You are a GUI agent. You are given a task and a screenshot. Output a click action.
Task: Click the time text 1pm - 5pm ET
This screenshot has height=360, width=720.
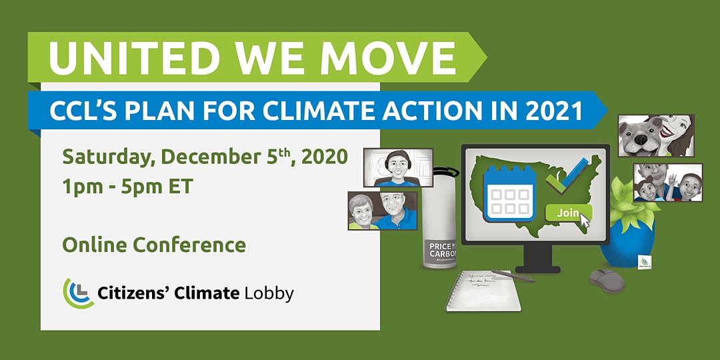[x=127, y=187]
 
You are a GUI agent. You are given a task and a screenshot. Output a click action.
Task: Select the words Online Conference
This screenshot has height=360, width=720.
[x=154, y=245]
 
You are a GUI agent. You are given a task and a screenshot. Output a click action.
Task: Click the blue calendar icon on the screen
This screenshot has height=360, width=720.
[x=509, y=193]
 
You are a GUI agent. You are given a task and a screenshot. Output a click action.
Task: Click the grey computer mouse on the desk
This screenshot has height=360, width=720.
[x=607, y=280]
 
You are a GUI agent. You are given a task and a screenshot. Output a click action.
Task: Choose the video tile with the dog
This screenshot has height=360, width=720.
[x=656, y=135]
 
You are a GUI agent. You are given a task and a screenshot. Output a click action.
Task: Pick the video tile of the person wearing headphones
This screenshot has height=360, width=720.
[x=398, y=167]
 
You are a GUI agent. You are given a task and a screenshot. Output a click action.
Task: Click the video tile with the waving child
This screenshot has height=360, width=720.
[x=667, y=182]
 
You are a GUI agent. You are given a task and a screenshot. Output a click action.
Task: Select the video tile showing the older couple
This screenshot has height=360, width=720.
[x=383, y=211]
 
